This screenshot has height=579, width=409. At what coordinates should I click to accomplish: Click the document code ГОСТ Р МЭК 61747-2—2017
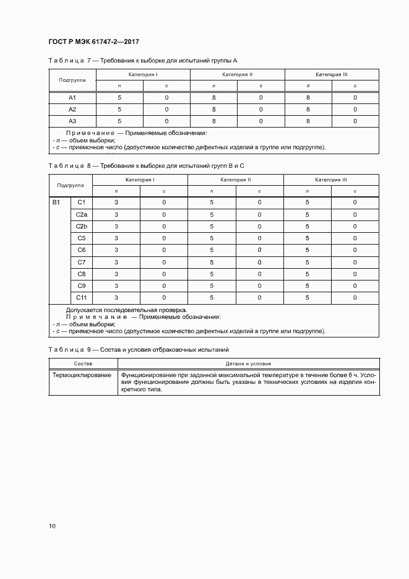tap(93, 41)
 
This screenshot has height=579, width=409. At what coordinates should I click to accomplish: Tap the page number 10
tap(52, 526)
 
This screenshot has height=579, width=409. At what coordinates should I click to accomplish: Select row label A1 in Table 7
tap(72, 98)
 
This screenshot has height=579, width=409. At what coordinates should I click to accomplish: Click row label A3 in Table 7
tap(72, 121)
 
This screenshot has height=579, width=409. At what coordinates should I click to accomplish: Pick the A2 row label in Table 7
tap(72, 110)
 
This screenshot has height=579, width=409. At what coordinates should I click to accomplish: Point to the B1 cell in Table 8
tap(56, 202)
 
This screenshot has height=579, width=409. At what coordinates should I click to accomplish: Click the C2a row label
tap(82, 215)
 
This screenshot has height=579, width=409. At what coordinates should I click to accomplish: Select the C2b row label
tap(82, 227)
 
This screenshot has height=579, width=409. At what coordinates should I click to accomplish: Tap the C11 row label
tap(82, 298)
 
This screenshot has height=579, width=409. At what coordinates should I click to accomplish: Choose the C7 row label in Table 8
tap(82, 262)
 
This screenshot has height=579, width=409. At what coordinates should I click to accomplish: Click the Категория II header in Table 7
tap(237, 74)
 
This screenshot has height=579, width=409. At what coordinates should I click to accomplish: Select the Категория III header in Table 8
tap(331, 180)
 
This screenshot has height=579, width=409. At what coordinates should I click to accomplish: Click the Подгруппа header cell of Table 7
tap(72, 81)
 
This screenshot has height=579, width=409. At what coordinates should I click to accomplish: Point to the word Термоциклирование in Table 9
tap(82, 375)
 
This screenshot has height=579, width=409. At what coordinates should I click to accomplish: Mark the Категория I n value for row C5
tap(116, 238)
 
